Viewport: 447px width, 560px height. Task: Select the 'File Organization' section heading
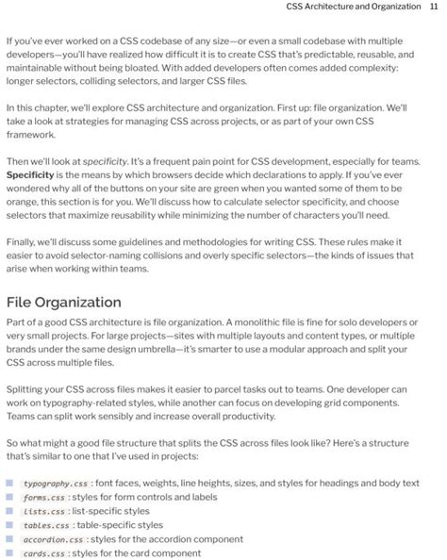coord(63,303)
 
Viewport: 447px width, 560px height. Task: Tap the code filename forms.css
coord(43,498)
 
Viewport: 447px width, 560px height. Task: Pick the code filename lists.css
coord(43,512)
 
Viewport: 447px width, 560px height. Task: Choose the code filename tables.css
coord(46,526)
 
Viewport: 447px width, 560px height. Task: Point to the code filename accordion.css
coord(53,540)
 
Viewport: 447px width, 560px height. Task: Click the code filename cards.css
coord(43,554)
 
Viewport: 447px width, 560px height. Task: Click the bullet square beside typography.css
coord(10,484)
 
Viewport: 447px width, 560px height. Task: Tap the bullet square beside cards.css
coord(10,554)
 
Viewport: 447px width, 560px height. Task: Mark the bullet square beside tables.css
coord(10,526)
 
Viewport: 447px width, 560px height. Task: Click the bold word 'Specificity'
coord(30,175)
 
